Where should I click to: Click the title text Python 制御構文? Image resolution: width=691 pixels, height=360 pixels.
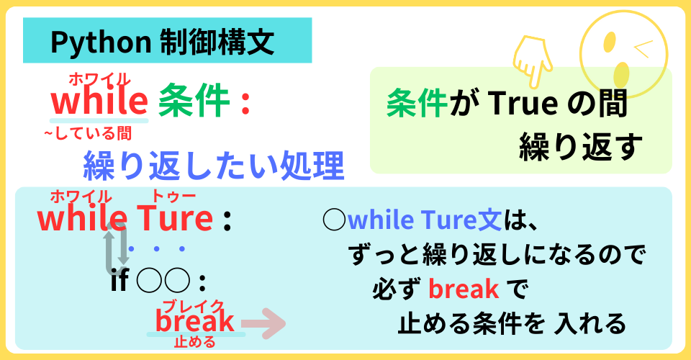(162, 42)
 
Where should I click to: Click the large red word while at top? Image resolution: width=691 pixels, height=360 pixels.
(99, 101)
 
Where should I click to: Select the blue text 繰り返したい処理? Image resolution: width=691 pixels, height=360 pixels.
(214, 165)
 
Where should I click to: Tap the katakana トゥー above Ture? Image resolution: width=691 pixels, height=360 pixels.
(173, 197)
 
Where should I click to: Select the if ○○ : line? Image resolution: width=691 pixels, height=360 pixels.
(158, 282)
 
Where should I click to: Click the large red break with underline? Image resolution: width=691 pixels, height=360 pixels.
(194, 321)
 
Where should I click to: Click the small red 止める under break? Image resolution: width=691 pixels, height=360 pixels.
(194, 342)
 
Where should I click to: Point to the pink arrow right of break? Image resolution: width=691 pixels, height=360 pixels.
(263, 323)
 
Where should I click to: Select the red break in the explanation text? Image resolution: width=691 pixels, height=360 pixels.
(464, 289)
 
